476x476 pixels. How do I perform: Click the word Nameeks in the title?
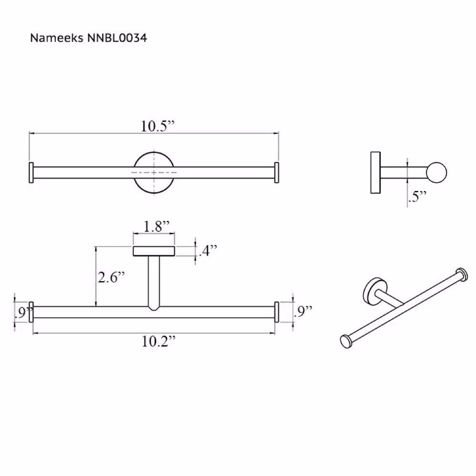(57, 38)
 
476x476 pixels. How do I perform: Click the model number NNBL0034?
(117, 38)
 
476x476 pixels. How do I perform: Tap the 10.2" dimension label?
(159, 341)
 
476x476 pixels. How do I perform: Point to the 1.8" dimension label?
(156, 226)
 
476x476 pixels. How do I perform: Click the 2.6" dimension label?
(111, 277)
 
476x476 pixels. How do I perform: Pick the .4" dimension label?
(208, 250)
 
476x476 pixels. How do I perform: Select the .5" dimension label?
(418, 197)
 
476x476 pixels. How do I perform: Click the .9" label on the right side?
(303, 311)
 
